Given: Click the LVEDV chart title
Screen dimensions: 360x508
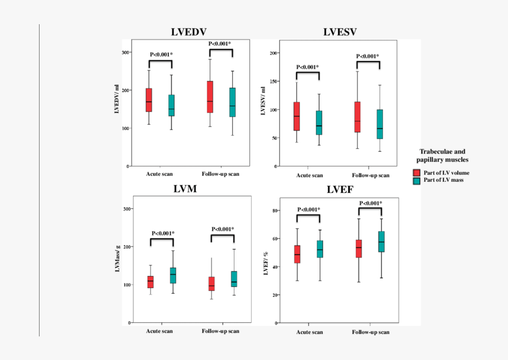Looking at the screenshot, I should pos(189,32).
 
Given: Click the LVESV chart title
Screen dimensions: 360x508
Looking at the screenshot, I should pos(340,32).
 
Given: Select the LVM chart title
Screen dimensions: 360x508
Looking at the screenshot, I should pos(185,189).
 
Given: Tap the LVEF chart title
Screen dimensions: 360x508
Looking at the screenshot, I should pos(341,189).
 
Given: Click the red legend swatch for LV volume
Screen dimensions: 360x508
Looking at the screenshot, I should pos(416,172).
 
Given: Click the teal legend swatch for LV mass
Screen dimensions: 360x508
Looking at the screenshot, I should pos(416,180).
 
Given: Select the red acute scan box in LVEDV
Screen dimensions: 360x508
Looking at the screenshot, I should pos(149,100).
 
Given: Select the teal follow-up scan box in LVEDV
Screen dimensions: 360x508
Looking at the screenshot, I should pos(233,102).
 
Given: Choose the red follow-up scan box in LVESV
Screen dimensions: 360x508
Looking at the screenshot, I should pos(357,117).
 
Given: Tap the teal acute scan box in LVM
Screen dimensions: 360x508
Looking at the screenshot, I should pos(172,276).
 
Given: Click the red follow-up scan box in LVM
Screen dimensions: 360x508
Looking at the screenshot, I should pos(211,283).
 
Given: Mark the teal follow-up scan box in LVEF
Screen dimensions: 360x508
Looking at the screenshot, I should pos(381,241).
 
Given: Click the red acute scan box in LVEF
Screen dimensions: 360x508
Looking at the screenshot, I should pos(297,254).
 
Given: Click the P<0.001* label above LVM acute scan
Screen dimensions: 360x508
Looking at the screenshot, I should pos(162,233).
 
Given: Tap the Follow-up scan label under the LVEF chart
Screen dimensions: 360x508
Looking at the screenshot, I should pos(370,332).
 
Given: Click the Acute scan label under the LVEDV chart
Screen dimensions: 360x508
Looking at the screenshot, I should pos(160,175).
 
